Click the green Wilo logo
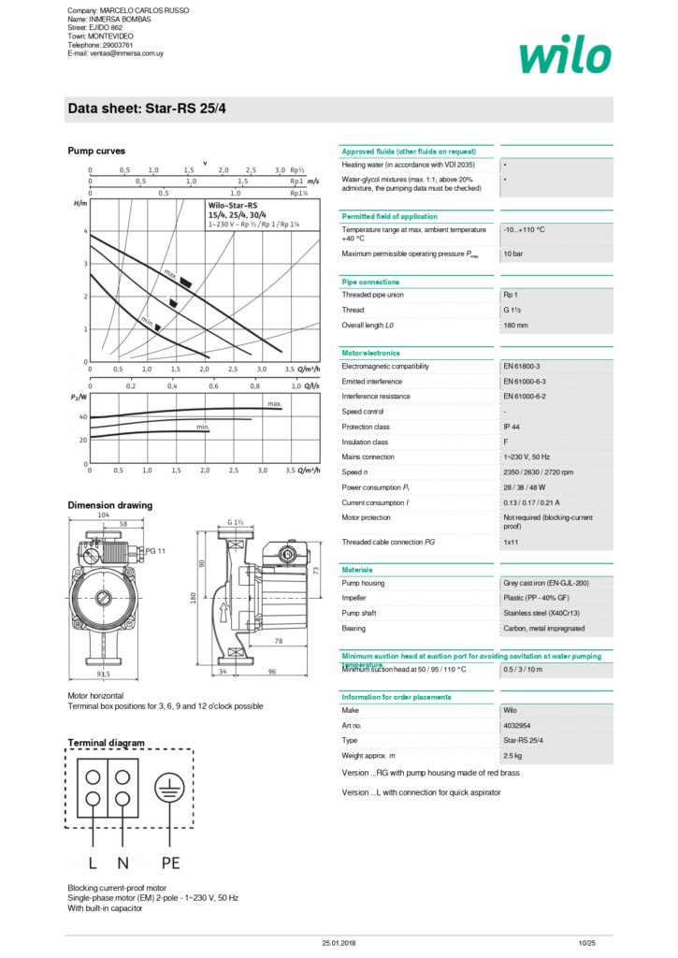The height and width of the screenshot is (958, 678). click(566, 55)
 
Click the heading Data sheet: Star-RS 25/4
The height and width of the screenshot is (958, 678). click(147, 109)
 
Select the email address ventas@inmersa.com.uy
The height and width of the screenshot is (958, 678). click(115, 53)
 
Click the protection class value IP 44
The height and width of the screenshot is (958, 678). click(512, 427)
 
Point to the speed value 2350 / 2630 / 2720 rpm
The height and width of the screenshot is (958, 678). click(539, 472)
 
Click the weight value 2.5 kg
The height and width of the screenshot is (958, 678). click(513, 755)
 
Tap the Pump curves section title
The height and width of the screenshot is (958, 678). click(96, 151)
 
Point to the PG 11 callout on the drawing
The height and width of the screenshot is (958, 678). click(155, 551)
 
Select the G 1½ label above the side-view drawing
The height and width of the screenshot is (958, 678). click(236, 521)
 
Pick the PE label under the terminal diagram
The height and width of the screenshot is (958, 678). click(169, 862)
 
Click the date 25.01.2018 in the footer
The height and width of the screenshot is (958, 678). click(339, 942)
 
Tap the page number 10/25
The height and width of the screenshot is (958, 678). click(586, 942)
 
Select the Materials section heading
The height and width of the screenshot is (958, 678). click(357, 570)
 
